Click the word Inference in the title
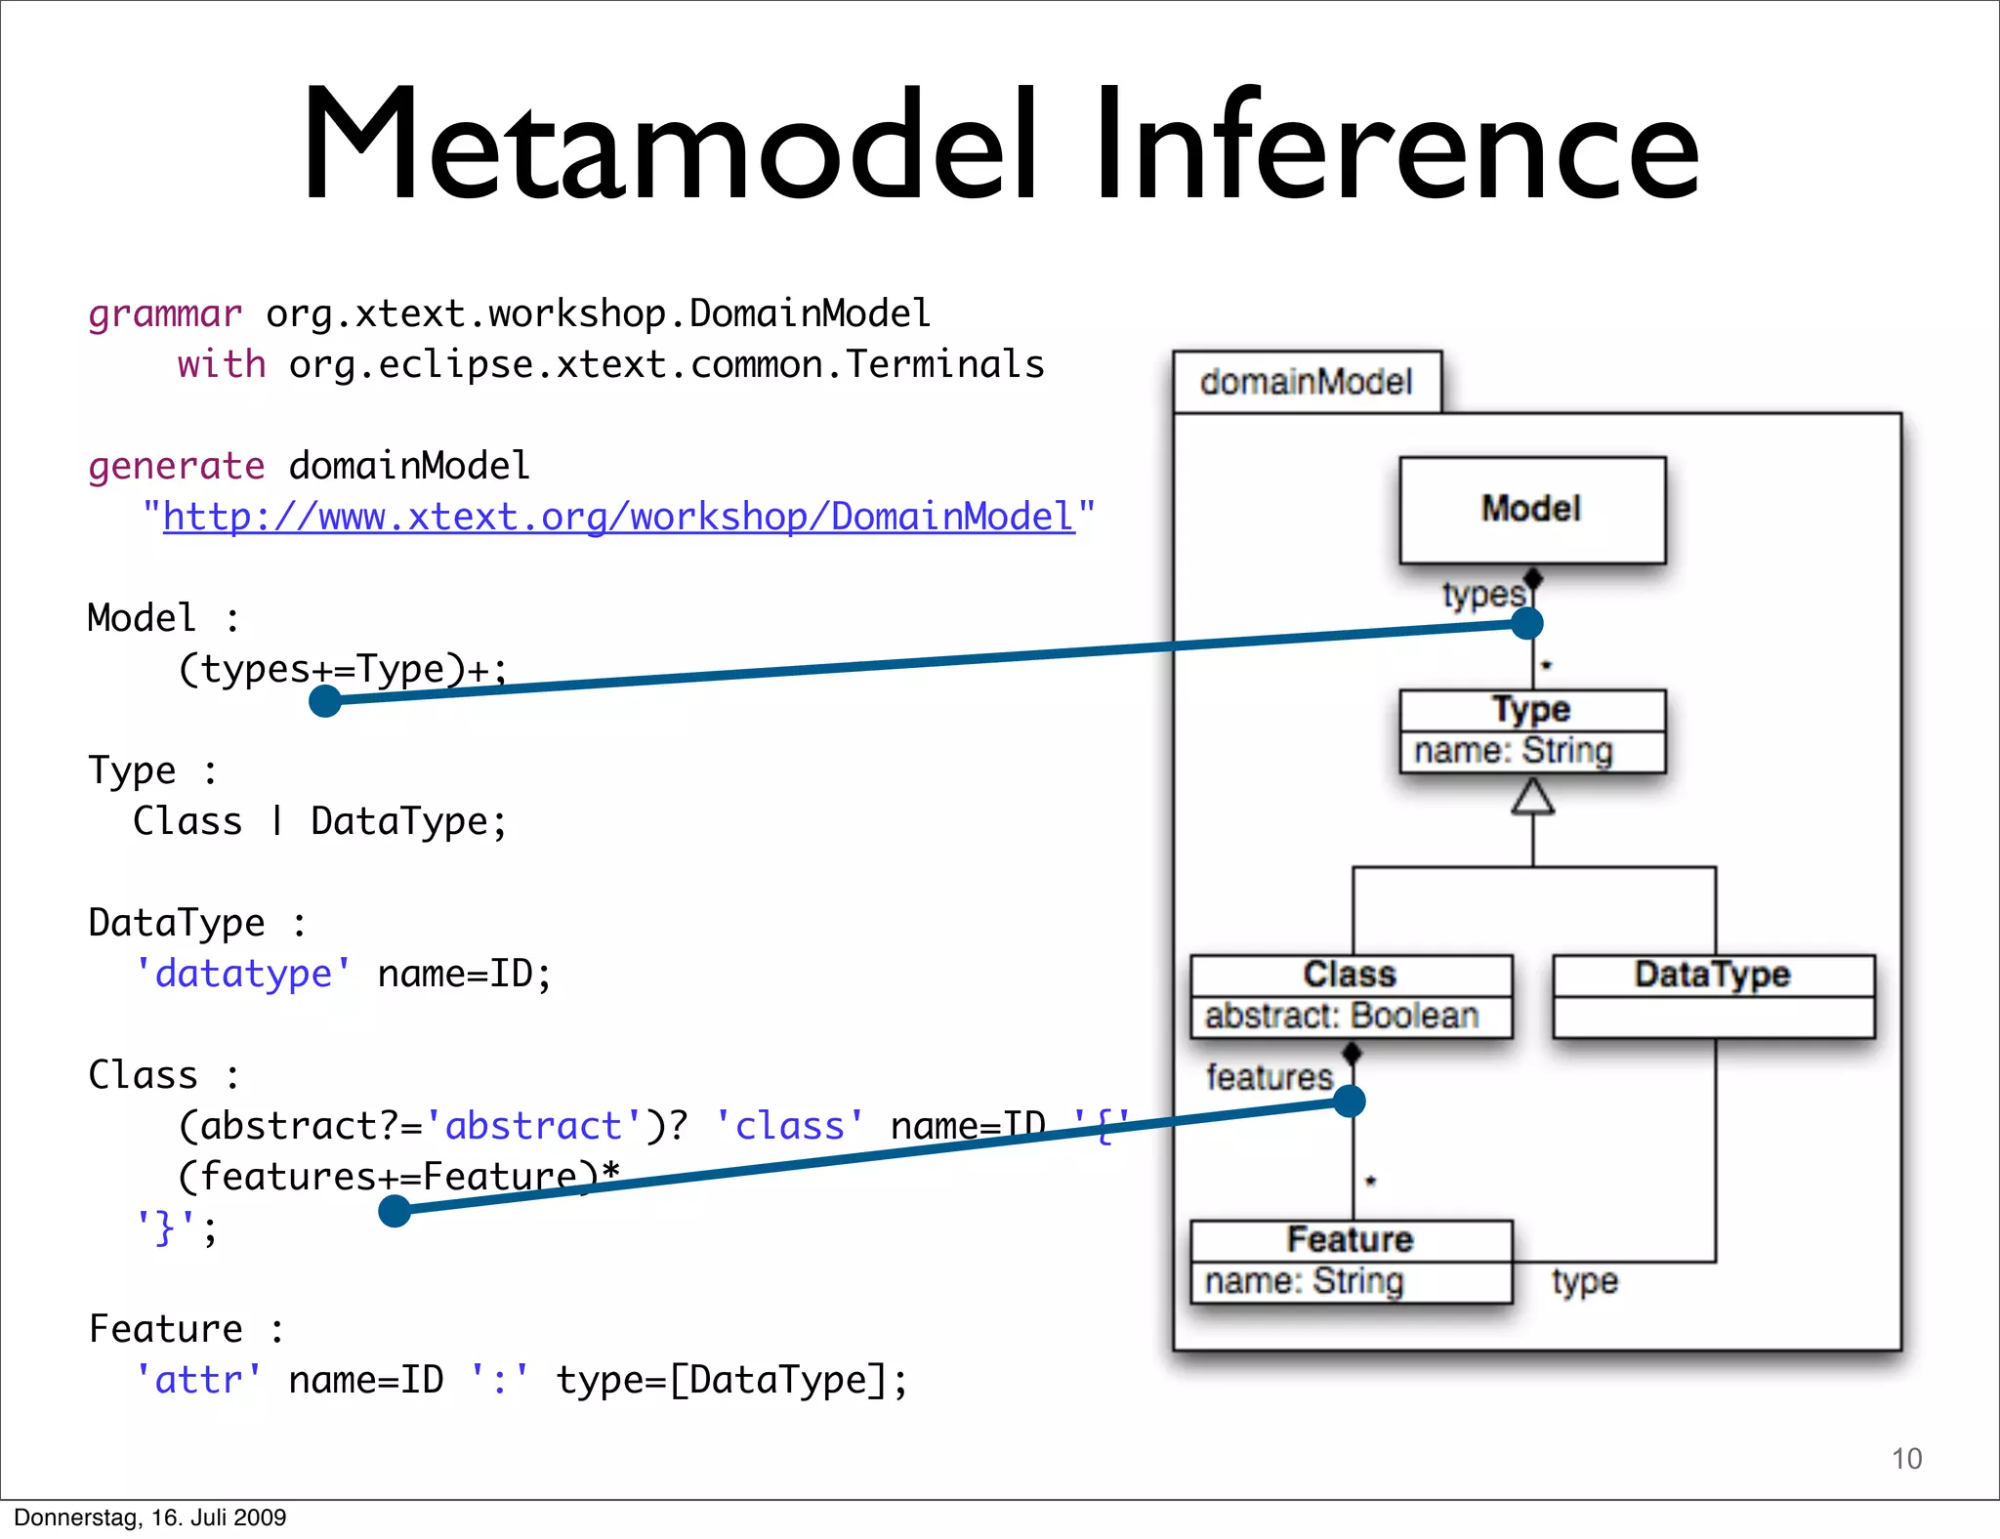(x=1396, y=146)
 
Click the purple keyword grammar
(x=164, y=314)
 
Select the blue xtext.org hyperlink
(x=618, y=517)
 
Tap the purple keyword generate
(x=176, y=466)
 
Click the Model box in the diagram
(x=1531, y=510)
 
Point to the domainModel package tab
(x=1306, y=382)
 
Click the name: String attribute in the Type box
(x=1514, y=751)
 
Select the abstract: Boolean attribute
(x=1342, y=1017)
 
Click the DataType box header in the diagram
(x=1712, y=975)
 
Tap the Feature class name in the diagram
(x=1350, y=1239)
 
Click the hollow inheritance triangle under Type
(x=1532, y=797)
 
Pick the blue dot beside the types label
(x=1526, y=623)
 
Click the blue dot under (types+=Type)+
(x=324, y=700)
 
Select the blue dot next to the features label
(x=1349, y=1102)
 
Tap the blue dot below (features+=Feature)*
(x=395, y=1211)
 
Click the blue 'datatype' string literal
(x=243, y=974)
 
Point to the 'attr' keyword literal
(x=198, y=1380)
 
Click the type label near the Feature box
(x=1584, y=1281)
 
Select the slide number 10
(x=1906, y=1458)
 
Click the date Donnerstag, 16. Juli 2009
(x=149, y=1518)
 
